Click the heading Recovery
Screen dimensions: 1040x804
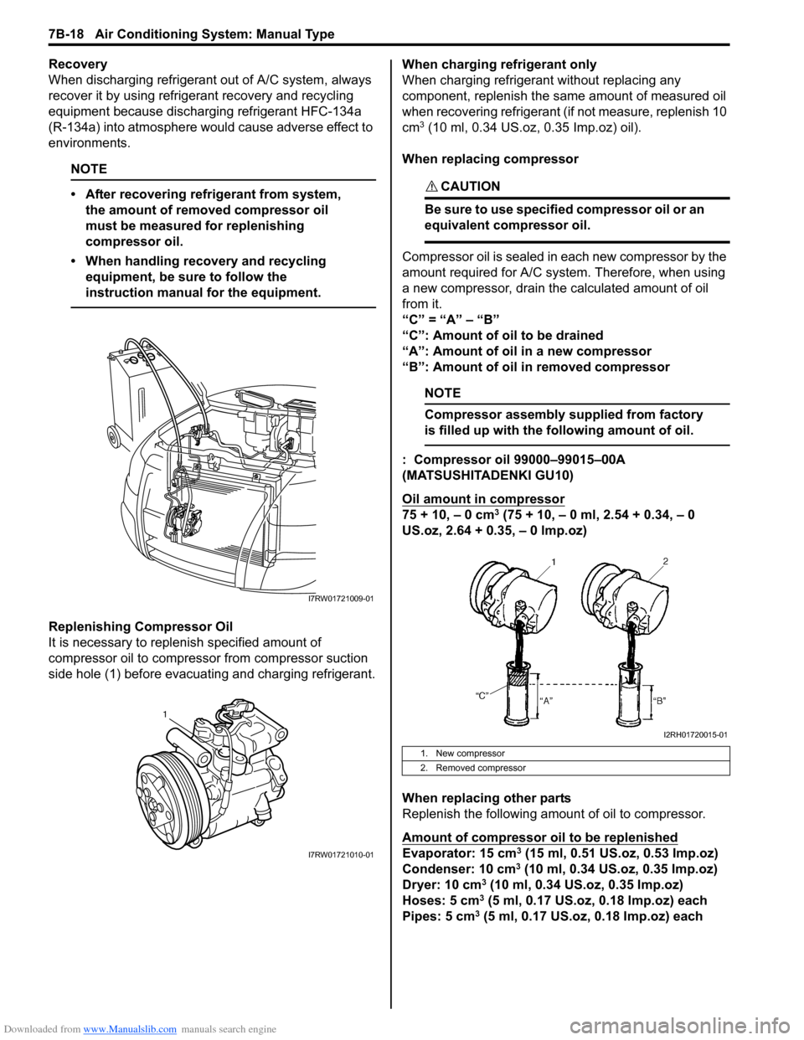click(78, 64)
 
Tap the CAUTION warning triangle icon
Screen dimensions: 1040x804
click(431, 186)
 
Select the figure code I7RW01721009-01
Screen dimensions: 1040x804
click(340, 599)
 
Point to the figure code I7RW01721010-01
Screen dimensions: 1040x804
click(340, 854)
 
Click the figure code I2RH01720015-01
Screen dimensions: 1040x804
click(694, 734)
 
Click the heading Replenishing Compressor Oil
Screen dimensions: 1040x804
click(141, 626)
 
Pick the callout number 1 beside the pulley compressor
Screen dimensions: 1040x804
click(165, 713)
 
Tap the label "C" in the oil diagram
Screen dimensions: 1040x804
click(482, 695)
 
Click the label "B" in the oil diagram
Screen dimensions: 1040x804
click(661, 700)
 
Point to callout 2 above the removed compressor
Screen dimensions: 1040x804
click(666, 561)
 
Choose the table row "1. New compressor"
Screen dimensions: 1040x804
click(469, 754)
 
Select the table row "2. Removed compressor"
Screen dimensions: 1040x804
click(480, 768)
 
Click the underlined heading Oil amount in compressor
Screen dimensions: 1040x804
click(483, 499)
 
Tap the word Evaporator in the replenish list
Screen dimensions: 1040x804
click(435, 853)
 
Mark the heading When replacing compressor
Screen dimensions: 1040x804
click(490, 159)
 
